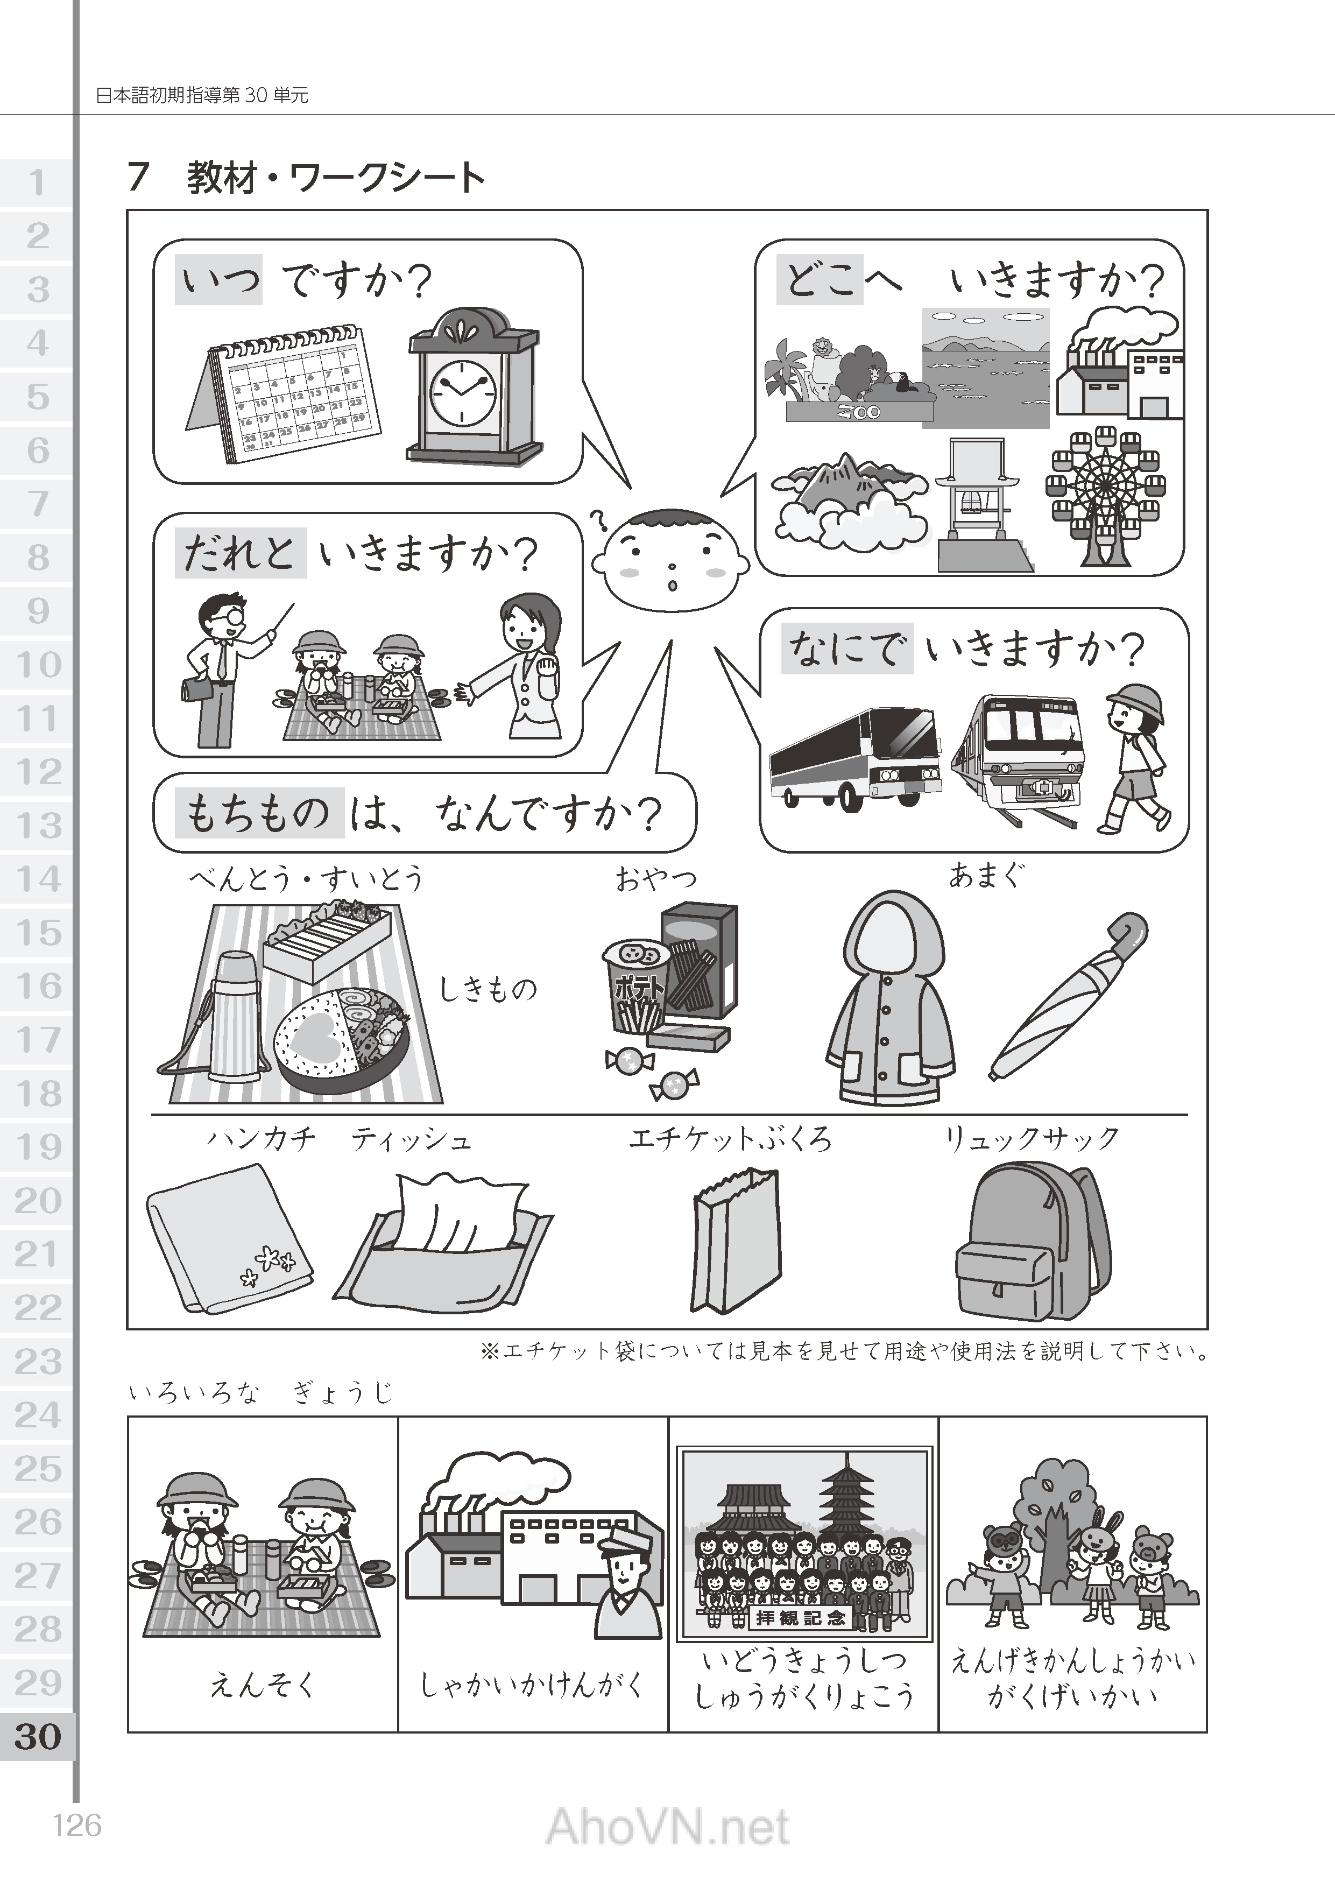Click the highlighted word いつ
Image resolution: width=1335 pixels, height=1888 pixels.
tap(218, 279)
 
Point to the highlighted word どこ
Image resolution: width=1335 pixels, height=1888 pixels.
tap(820, 279)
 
